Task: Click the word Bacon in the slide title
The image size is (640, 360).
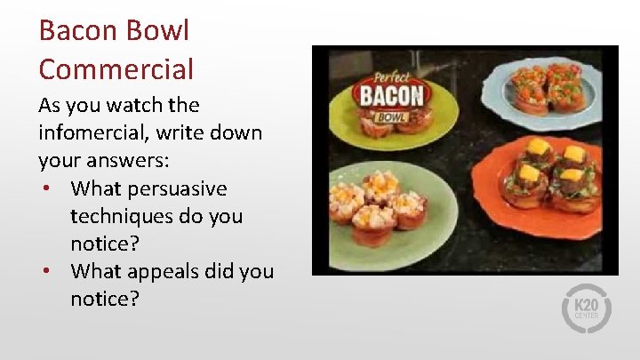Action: click(77, 31)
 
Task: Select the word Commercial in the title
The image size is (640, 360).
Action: click(116, 68)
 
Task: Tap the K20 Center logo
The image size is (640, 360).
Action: click(587, 308)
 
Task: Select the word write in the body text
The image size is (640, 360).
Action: click(181, 133)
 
